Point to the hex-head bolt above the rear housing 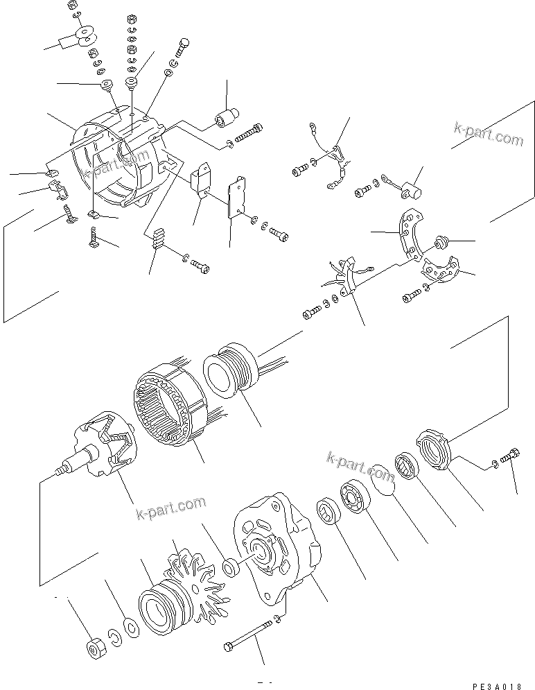click(184, 46)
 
